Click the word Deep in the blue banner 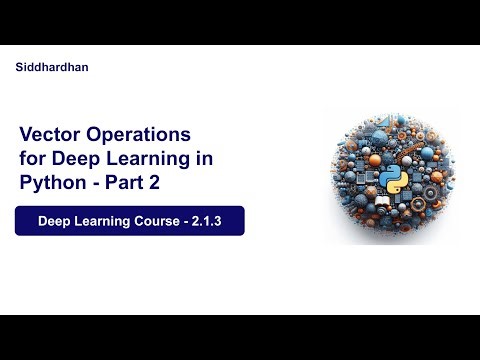(54, 221)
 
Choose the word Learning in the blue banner (102, 221)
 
